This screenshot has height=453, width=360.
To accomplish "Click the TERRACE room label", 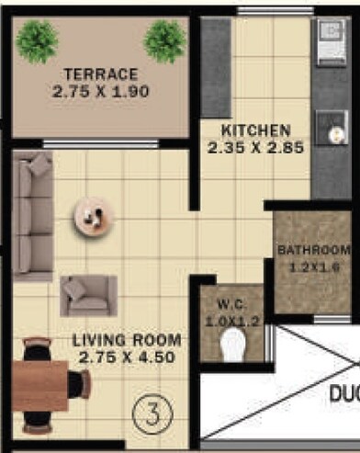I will pos(101,74).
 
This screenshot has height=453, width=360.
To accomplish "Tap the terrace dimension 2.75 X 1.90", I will pos(101,92).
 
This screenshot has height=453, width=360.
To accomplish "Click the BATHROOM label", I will pos(314,250).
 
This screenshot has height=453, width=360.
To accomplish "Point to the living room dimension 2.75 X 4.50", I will pos(127,358).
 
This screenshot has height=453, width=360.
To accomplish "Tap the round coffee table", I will pos(94,217).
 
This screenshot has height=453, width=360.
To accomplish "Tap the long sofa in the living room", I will pos(33,216).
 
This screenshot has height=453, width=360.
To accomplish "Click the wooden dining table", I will pos(40,385).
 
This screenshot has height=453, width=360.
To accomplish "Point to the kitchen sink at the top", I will pos(331,42).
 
